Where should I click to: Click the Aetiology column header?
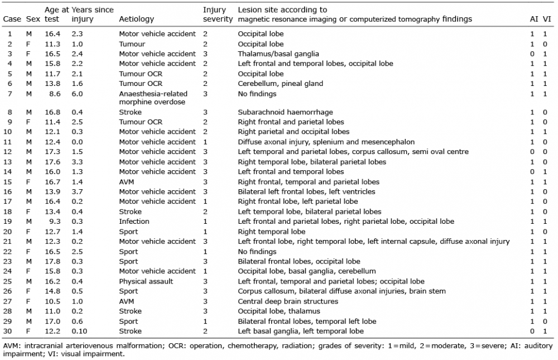tap(137, 19)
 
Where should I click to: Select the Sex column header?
tap(33, 19)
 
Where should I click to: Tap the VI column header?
tap(547, 19)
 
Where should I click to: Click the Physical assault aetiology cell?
tap(146, 281)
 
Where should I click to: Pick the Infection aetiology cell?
tap(134, 222)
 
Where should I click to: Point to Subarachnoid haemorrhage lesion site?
tap(285, 112)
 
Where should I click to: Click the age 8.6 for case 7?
tap(55, 94)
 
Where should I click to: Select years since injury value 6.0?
tap(77, 94)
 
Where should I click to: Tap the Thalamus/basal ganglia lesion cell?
tap(278, 54)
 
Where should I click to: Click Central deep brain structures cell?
tap(288, 301)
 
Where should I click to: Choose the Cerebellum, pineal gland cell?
tap(281, 84)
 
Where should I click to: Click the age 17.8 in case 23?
tap(52, 261)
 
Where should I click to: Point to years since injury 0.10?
tap(79, 331)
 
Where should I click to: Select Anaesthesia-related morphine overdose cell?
tap(153, 98)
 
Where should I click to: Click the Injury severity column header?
tap(218, 15)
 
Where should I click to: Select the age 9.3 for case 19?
tap(55, 222)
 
